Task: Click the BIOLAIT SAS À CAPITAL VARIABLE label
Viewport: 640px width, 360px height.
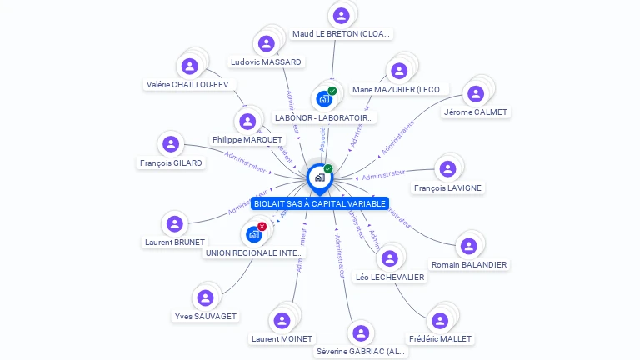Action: [x=319, y=203]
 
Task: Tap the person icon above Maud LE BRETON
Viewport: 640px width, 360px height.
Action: [x=341, y=15]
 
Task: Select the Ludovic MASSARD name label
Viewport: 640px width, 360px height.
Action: [x=266, y=62]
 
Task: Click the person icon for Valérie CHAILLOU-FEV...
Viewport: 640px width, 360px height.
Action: [x=190, y=66]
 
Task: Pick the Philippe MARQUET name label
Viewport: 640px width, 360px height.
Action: [x=247, y=139]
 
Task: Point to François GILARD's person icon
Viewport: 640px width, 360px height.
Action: [x=171, y=144]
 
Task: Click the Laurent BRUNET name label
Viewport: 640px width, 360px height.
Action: [x=174, y=242]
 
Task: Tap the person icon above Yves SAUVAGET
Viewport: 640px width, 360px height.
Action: [x=204, y=297]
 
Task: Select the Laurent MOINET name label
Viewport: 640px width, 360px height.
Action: [x=282, y=338]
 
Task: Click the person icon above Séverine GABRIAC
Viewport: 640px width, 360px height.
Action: [x=360, y=333]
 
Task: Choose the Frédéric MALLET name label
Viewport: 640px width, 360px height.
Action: [x=440, y=338]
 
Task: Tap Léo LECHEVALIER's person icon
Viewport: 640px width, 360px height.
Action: [x=389, y=257]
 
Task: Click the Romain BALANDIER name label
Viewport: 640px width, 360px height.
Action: [x=469, y=264]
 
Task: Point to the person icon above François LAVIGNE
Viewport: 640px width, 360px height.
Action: [x=447, y=169]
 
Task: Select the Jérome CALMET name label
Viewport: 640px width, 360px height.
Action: [x=475, y=112]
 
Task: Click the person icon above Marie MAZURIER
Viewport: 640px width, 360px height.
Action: [x=399, y=71]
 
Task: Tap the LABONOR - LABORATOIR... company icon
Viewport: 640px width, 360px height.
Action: [x=324, y=99]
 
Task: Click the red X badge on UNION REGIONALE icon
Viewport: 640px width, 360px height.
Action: [x=262, y=227]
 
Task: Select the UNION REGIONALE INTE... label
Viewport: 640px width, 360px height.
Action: [x=255, y=252]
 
